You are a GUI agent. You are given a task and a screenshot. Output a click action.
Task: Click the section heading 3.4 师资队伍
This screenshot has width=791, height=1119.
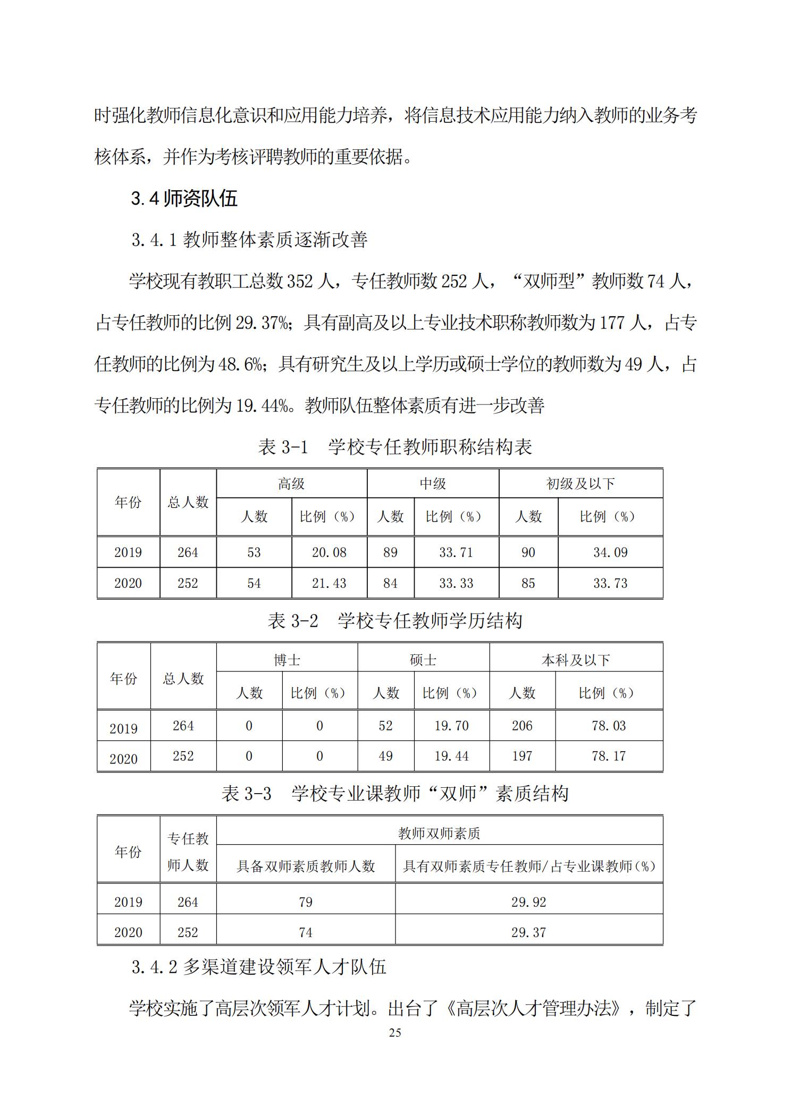click(184, 199)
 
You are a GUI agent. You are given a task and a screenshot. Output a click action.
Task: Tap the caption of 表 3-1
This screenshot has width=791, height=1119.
click(395, 447)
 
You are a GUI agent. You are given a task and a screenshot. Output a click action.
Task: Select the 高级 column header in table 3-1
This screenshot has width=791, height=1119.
click(291, 484)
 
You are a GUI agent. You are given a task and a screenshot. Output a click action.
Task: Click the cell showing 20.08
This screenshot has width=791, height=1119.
click(329, 552)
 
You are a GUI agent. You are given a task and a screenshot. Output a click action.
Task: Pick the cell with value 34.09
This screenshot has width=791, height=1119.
click(610, 552)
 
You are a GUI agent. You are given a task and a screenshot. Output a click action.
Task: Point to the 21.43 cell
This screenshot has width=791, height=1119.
click(329, 583)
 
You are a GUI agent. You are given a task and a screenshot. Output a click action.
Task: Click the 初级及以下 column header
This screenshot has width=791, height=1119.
click(580, 484)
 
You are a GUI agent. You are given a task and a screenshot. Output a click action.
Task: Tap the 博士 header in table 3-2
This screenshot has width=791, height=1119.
click(287, 660)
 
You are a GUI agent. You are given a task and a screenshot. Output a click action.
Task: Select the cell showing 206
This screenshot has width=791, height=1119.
click(522, 726)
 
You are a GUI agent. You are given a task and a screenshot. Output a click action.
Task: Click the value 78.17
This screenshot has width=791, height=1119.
click(609, 756)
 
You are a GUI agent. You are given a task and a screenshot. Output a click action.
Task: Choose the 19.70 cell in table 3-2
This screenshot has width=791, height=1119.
click(451, 726)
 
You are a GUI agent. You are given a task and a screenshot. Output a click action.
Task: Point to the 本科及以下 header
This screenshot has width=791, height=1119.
click(576, 660)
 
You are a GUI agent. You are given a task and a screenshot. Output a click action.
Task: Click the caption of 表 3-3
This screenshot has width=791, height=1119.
click(395, 794)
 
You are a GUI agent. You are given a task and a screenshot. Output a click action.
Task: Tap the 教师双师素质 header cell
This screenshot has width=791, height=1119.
click(439, 833)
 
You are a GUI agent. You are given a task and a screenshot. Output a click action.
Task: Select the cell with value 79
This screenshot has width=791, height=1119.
click(306, 902)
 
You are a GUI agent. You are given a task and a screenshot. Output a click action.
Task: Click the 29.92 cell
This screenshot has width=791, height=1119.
click(528, 902)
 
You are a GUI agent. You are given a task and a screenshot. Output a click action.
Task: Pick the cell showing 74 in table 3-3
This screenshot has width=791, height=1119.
click(306, 932)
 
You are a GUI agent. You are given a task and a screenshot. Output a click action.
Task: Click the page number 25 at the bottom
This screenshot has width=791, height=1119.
click(395, 1032)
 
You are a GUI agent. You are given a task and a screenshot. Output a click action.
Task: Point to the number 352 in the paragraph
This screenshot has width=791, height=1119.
click(300, 281)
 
